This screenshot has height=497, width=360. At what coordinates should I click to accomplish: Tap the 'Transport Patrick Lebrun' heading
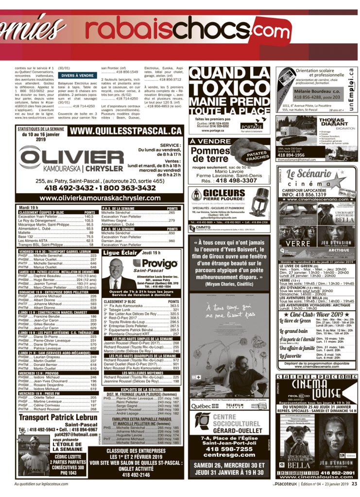(x=58, y=416)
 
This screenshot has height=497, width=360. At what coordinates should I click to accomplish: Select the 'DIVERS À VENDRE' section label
(x=77, y=76)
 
